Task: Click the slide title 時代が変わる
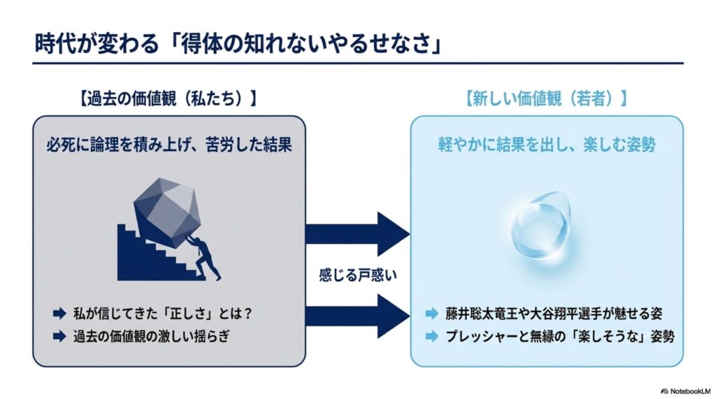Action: pyautogui.click(x=96, y=44)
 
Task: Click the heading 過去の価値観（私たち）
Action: pyautogui.click(x=168, y=99)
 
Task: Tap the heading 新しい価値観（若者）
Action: pyautogui.click(x=546, y=99)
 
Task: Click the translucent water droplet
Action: pyautogui.click(x=541, y=228)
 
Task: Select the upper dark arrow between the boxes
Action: pyautogui.click(x=357, y=233)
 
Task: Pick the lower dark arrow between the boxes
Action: pyautogui.click(x=357, y=316)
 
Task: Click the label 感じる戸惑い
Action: pyautogui.click(x=358, y=275)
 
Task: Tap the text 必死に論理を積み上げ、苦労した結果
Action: pyautogui.click(x=169, y=145)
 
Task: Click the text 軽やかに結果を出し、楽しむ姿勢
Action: pyautogui.click(x=547, y=145)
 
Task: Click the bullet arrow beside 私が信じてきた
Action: pyautogui.click(x=59, y=314)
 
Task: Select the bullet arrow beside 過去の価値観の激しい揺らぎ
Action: pyautogui.click(x=59, y=337)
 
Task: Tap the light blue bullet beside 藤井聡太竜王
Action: pyautogui.click(x=431, y=314)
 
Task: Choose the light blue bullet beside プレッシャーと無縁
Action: pyautogui.click(x=431, y=337)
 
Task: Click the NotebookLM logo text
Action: pyautogui.click(x=686, y=391)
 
